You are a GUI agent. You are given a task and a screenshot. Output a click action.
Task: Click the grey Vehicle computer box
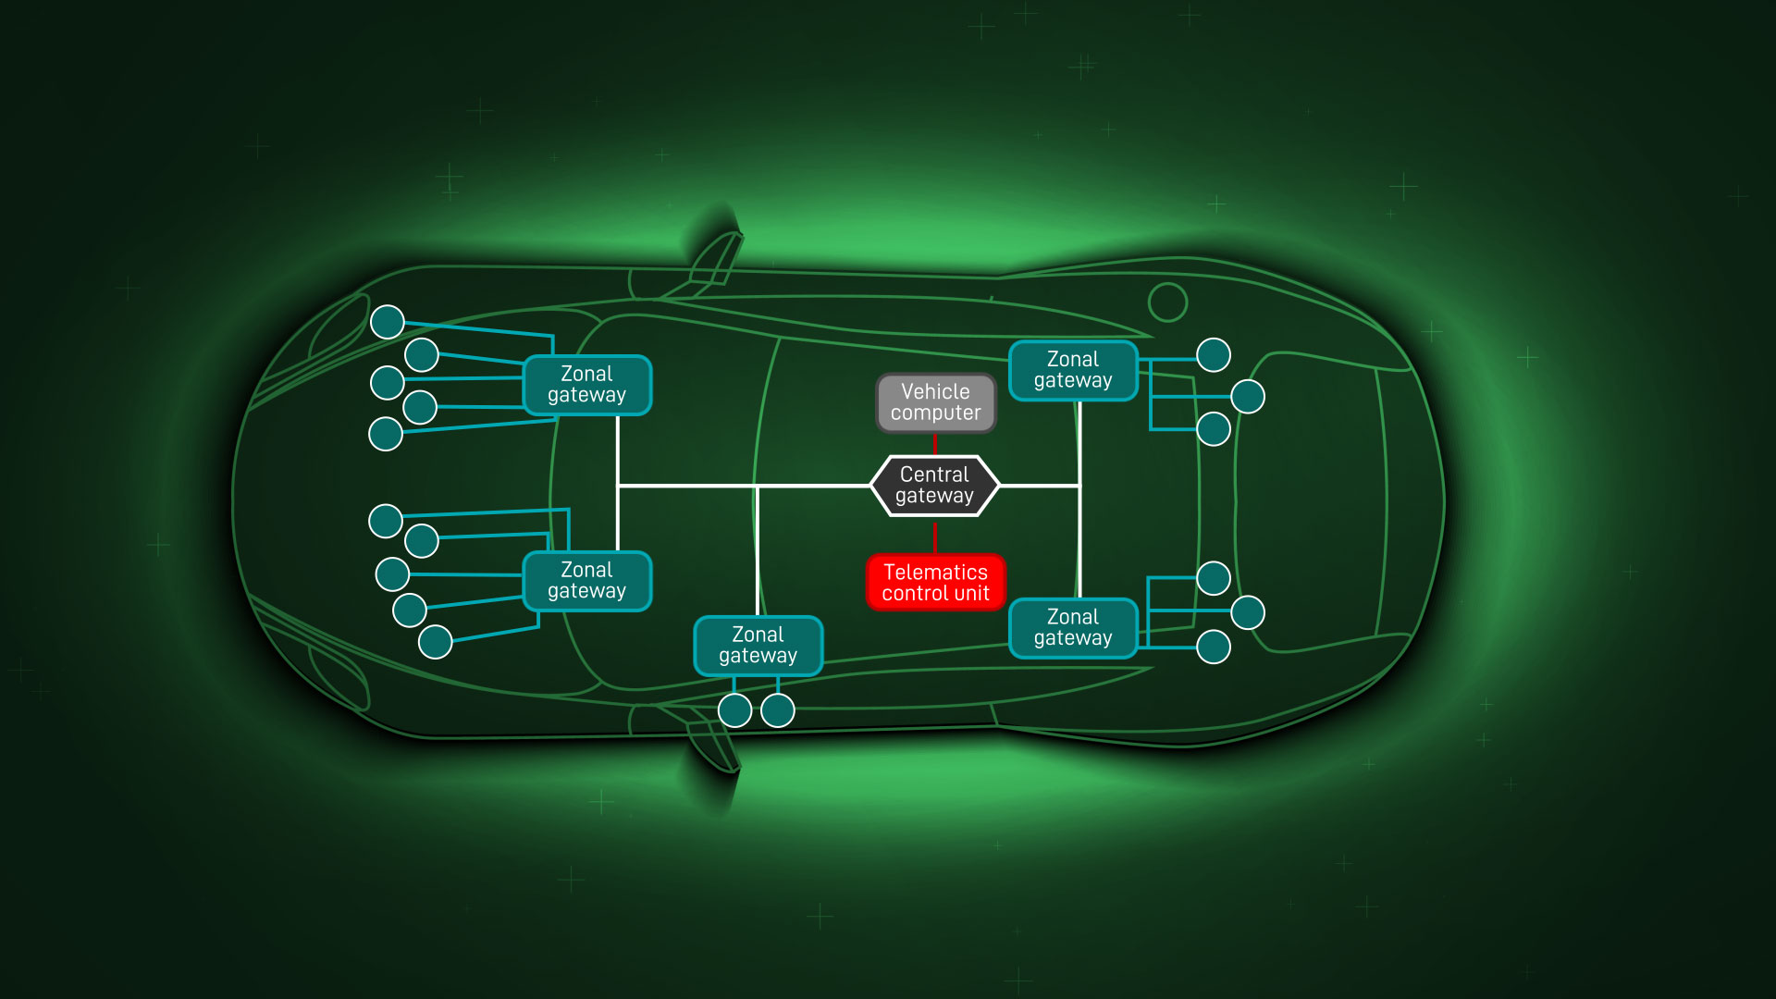point(936,403)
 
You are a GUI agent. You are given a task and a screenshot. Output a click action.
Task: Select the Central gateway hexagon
point(935,486)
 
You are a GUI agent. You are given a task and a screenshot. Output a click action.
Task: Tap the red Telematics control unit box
point(935,583)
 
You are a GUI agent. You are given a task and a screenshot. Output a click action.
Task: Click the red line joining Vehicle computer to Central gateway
point(935,444)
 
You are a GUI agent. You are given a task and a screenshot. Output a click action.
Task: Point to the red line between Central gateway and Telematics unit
point(935,536)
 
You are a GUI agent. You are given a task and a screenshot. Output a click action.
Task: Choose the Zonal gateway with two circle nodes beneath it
point(758,646)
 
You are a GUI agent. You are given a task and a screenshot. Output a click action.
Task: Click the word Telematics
point(935,572)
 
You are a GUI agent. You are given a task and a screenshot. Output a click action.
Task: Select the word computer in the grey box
point(935,413)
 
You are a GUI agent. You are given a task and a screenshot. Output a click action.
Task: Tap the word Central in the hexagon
point(934,475)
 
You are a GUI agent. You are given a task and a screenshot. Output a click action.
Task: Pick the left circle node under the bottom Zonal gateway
point(735,710)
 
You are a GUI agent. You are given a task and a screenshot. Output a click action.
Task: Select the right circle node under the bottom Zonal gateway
point(778,710)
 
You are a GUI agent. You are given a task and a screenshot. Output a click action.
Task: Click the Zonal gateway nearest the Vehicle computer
point(1073,370)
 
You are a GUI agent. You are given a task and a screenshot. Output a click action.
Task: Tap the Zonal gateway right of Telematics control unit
point(1073,628)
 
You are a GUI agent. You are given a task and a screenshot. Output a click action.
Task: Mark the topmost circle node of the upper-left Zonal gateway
point(388,322)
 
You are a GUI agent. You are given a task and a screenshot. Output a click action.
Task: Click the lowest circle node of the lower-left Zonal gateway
point(436,641)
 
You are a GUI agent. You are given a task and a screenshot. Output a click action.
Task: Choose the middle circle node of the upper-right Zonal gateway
point(1248,397)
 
